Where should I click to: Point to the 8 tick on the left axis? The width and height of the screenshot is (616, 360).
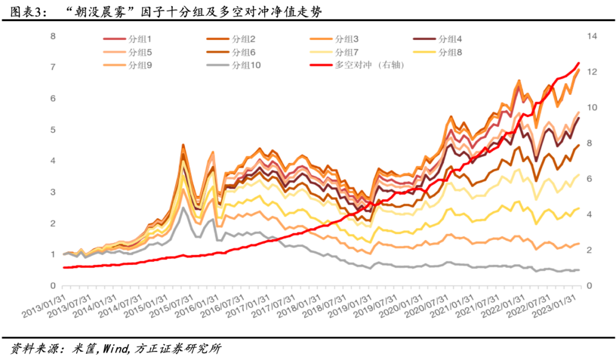[53, 36]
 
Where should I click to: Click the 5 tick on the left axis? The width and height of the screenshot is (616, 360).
[53, 130]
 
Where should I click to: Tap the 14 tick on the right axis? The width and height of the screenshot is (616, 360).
[591, 36]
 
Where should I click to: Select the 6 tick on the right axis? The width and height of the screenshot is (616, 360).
[589, 179]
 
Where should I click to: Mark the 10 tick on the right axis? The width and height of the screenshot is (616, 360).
[591, 107]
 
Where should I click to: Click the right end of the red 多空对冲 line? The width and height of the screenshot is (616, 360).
[579, 63]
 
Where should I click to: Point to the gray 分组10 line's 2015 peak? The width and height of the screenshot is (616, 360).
[183, 207]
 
